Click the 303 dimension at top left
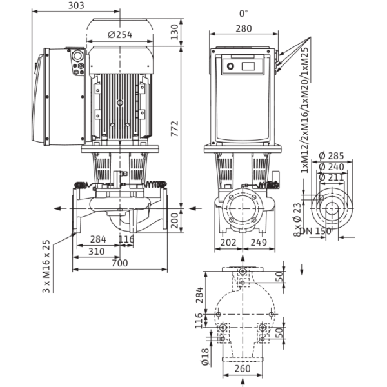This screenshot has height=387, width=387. coord(76,5)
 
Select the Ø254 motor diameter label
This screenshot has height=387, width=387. coord(120,35)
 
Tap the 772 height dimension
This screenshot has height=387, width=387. coord(175,128)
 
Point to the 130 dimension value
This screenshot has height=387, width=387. coord(175,32)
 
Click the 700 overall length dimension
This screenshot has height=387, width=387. coord(120,263)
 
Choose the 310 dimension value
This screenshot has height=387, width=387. coord(97,252)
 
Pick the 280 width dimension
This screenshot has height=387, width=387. coord(244,28)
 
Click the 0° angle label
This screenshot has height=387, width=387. coord(243,14)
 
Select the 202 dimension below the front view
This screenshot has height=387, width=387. coord(228,243)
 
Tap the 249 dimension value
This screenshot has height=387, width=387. coord(259,243)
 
